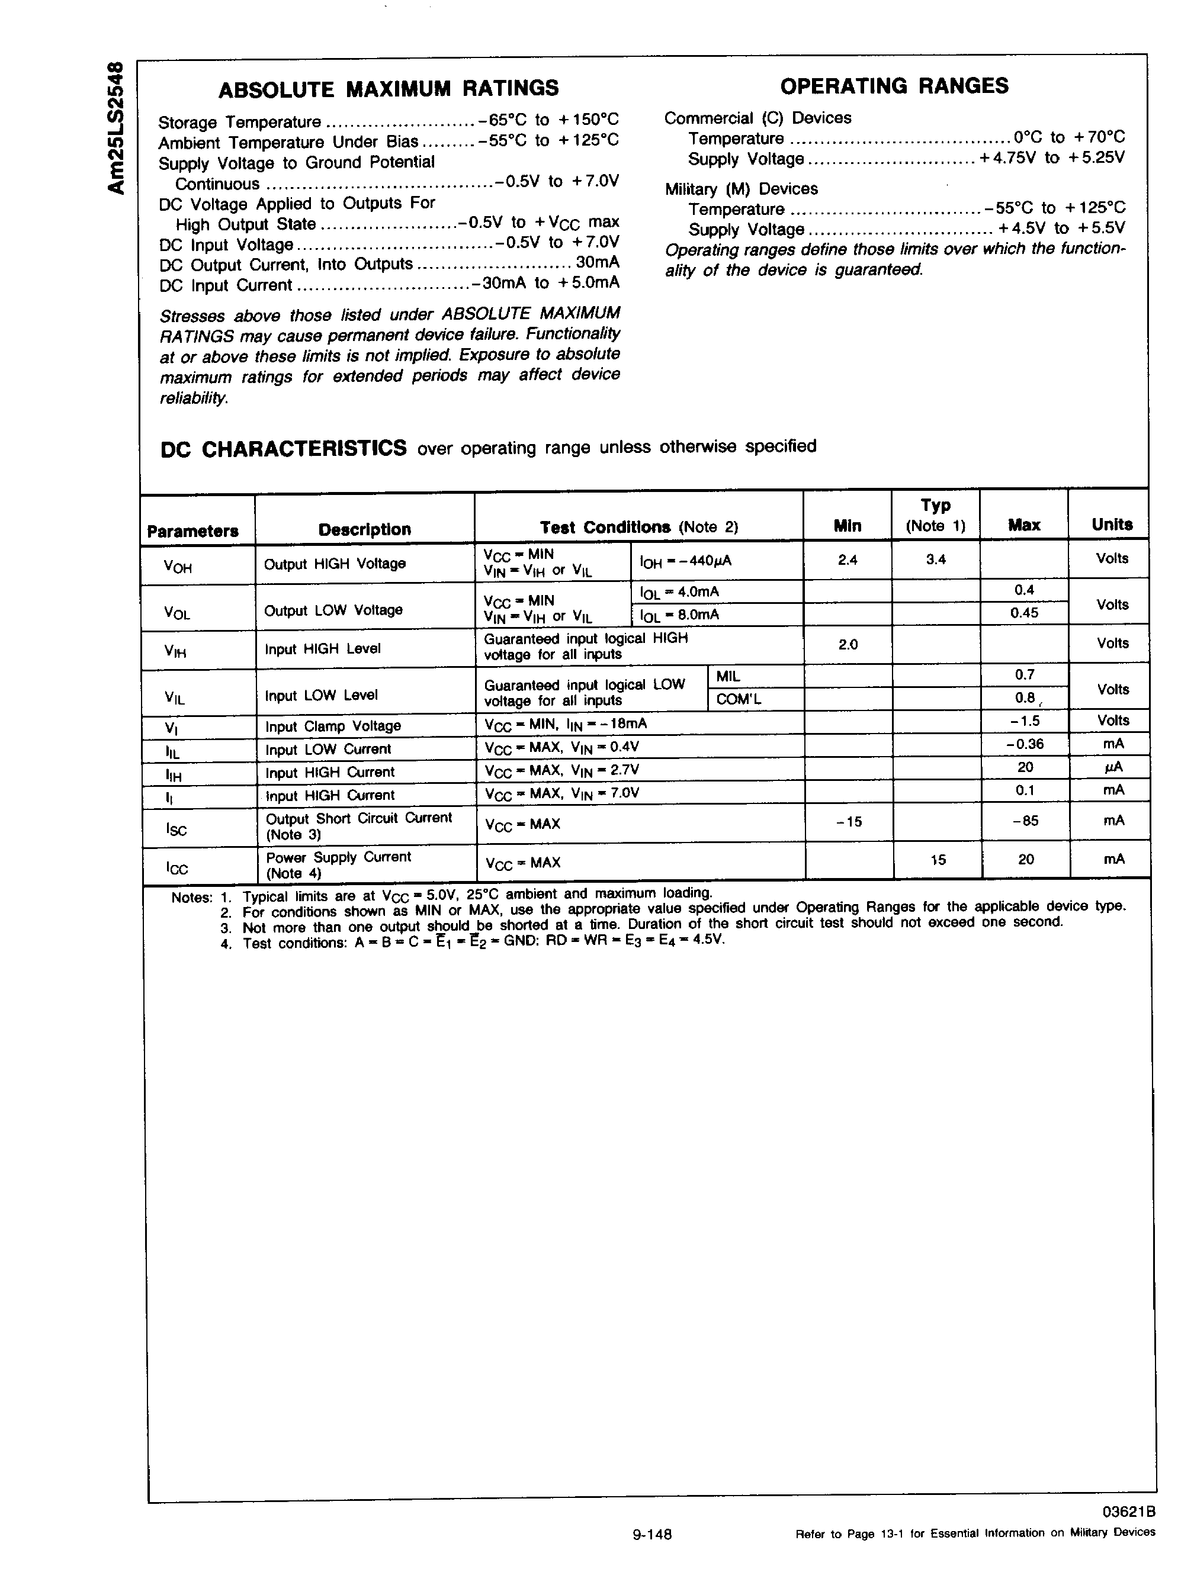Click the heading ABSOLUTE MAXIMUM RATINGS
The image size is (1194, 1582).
click(389, 89)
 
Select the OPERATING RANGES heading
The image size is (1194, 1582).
click(894, 86)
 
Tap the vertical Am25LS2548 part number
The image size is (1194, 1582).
click(117, 127)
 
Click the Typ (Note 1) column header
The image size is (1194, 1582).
click(935, 516)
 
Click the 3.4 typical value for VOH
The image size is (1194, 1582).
click(936, 560)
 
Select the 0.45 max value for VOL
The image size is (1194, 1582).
click(1024, 613)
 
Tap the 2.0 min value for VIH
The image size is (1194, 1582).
click(848, 644)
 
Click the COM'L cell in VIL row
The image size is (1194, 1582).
click(739, 699)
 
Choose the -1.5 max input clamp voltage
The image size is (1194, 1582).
click(1025, 721)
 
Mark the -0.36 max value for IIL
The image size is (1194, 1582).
click(1025, 744)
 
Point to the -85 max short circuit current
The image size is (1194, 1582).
click(1025, 821)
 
